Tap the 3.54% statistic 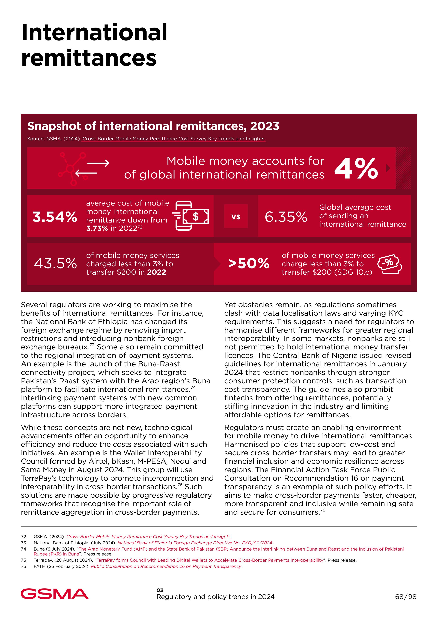pyautogui.click(x=55, y=217)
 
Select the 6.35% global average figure pyautogui.click(x=286, y=217)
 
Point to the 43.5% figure pyautogui.click(x=55, y=263)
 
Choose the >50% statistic pyautogui.click(x=249, y=264)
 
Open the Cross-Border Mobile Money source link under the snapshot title pyautogui.click(x=174, y=139)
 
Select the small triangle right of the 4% pyautogui.click(x=388, y=168)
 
